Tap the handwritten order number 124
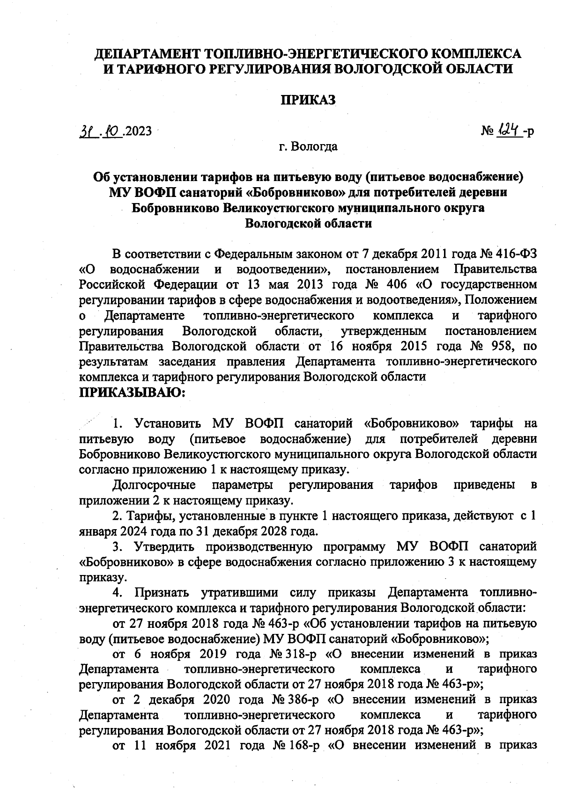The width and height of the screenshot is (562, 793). coord(508,129)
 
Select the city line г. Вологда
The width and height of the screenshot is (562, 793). coord(308,146)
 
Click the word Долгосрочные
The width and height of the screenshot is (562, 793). coord(154,485)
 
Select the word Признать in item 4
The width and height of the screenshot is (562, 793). coord(162,593)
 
